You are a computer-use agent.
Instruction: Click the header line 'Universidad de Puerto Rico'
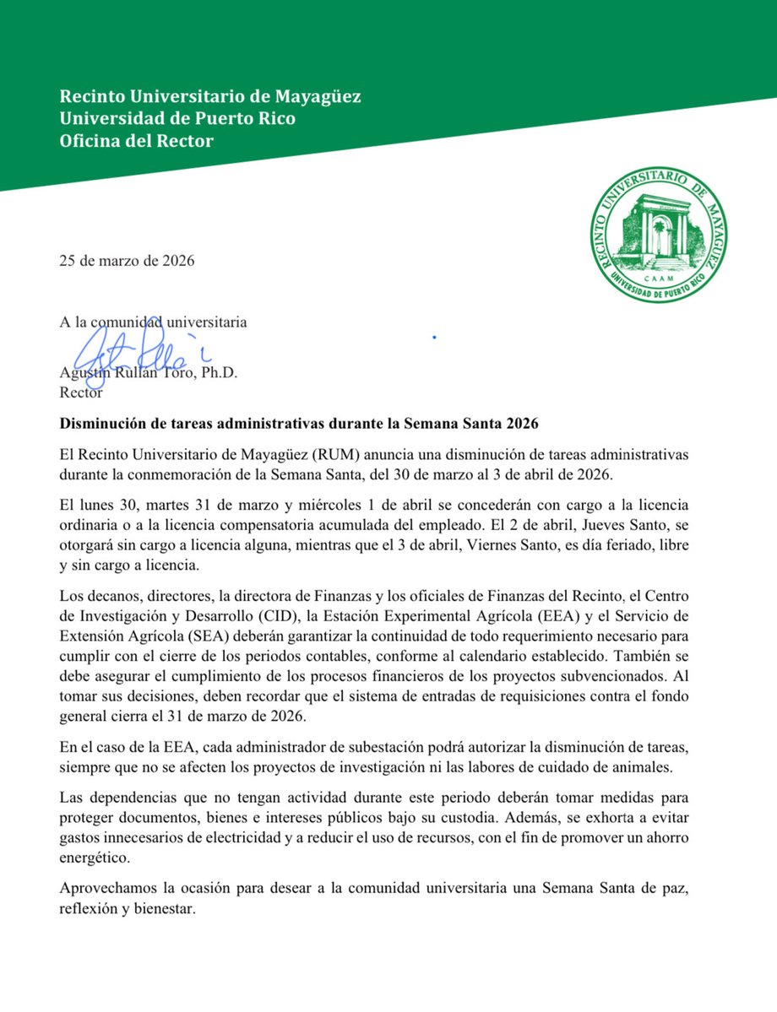[177, 119]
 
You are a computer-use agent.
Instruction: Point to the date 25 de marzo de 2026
[127, 260]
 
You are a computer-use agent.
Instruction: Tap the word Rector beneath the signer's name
[81, 392]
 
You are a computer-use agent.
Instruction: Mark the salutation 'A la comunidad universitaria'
[153, 322]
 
